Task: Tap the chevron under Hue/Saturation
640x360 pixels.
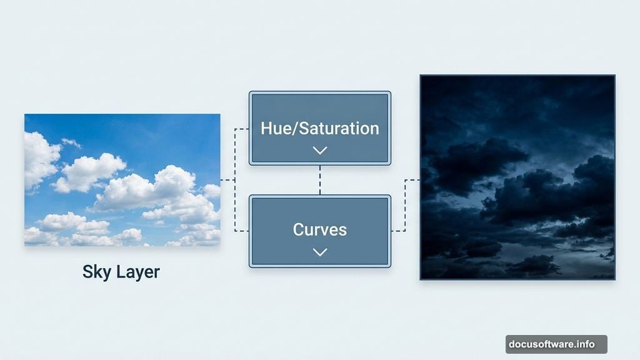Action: click(x=320, y=150)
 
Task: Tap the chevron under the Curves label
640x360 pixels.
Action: click(x=320, y=252)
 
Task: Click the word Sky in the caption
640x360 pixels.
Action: click(x=96, y=272)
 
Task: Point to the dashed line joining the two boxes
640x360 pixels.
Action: click(x=320, y=180)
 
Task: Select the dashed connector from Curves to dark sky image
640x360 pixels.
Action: click(x=405, y=206)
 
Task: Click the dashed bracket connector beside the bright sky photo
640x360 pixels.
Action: click(x=235, y=180)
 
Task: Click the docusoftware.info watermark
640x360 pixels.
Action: click(x=556, y=344)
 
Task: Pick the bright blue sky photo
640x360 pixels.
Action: click(x=122, y=179)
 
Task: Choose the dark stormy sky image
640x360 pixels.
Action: click(x=517, y=177)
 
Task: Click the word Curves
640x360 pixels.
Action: click(x=320, y=229)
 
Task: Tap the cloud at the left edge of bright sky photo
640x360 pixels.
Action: click(x=39, y=159)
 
